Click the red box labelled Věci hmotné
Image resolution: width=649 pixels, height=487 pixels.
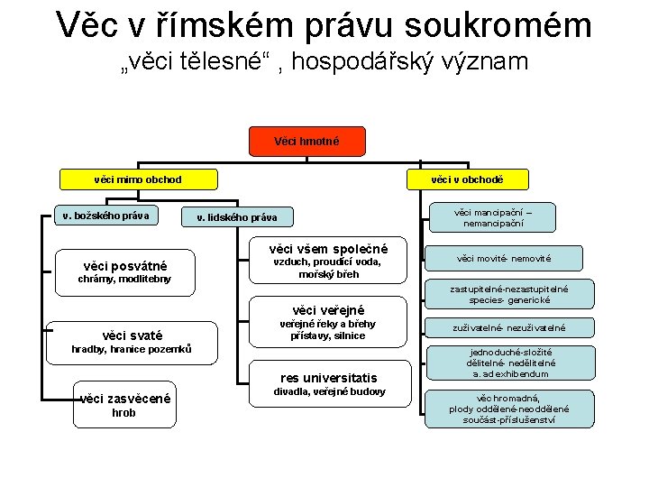point(294,141)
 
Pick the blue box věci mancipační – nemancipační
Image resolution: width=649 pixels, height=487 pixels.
point(492,216)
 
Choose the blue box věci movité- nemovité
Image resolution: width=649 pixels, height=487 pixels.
point(504,259)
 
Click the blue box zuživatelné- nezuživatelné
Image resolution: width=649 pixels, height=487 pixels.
point(509,327)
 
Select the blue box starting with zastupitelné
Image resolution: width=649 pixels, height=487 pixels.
point(509,294)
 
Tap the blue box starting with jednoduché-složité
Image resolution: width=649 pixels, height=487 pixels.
point(510,363)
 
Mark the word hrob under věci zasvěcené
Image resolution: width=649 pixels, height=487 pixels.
point(123,413)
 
